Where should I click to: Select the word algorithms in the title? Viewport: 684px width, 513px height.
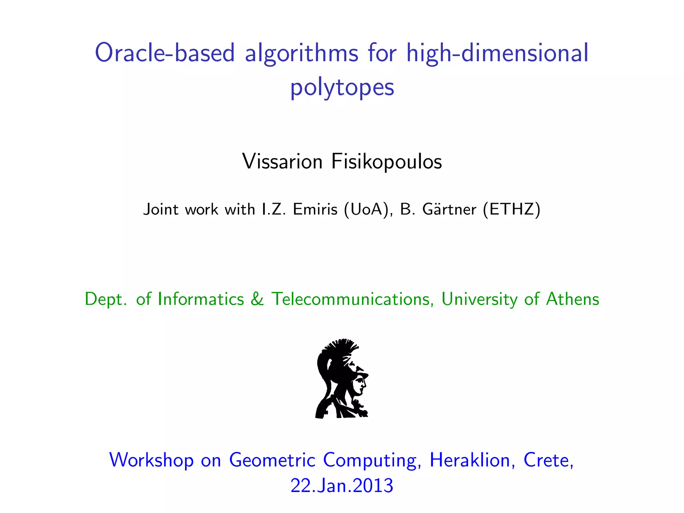302,53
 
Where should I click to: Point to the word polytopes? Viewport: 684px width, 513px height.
342,87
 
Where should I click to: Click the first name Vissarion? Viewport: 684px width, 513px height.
282,162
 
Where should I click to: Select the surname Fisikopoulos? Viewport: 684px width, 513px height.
386,162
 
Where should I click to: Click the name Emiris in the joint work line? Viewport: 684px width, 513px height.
315,209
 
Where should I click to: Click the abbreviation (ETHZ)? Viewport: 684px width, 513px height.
512,209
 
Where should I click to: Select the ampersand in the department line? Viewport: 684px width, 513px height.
257,299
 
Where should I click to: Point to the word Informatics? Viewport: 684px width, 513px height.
201,299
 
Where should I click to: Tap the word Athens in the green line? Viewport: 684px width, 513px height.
572,299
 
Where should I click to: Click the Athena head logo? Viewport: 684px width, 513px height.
341,379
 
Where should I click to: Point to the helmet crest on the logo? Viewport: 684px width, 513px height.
339,347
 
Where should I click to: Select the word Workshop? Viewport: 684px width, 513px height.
151,460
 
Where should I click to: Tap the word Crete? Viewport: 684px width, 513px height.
548,460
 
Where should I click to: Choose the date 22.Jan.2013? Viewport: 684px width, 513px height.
342,485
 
